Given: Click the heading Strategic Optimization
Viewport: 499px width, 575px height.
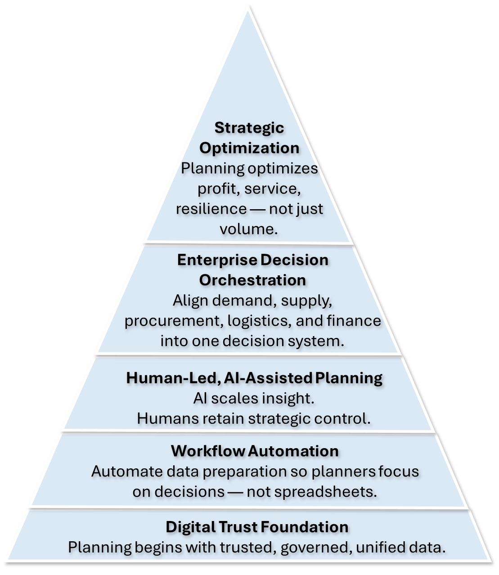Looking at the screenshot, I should click(249, 138).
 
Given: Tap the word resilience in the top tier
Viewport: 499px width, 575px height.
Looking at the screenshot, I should click(211, 209).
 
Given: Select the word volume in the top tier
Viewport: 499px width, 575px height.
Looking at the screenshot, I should click(248, 229).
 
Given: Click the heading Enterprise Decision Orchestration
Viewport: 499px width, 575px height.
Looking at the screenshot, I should click(252, 270).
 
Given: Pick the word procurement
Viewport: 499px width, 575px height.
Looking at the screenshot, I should click(173, 321).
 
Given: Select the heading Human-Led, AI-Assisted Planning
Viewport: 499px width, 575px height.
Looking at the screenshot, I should click(254, 378).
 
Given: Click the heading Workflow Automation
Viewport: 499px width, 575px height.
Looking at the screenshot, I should click(255, 451).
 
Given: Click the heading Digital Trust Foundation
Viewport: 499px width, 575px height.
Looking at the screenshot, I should click(257, 527).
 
